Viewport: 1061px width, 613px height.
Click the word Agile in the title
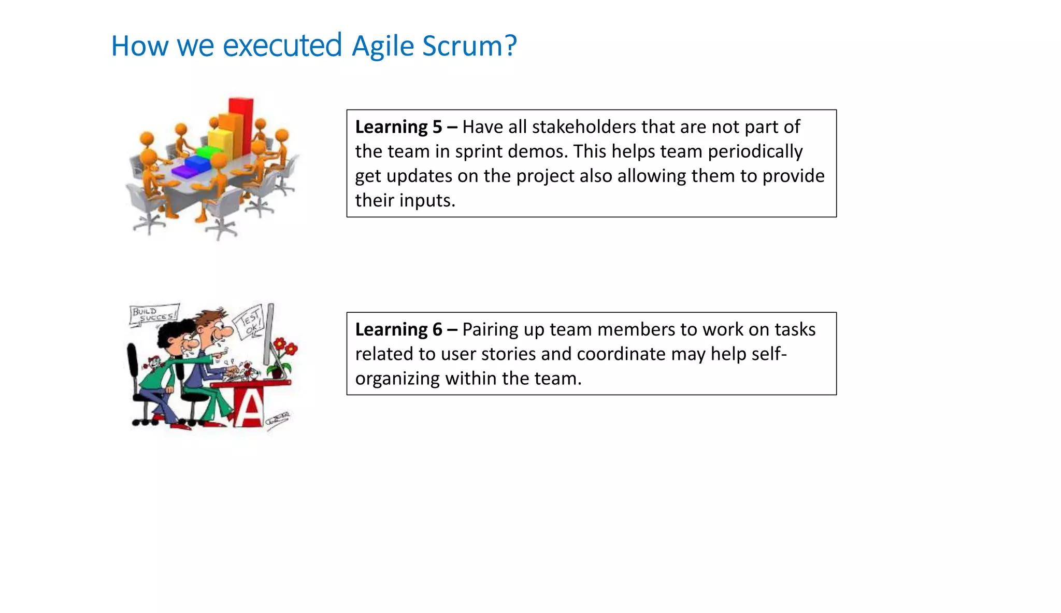click(383, 46)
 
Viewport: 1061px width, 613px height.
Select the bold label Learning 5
click(398, 127)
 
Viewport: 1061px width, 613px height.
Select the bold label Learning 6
click(398, 330)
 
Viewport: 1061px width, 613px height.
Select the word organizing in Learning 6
click(397, 379)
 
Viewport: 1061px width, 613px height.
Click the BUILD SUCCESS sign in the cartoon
click(153, 314)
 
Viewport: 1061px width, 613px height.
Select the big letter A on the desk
click(250, 408)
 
